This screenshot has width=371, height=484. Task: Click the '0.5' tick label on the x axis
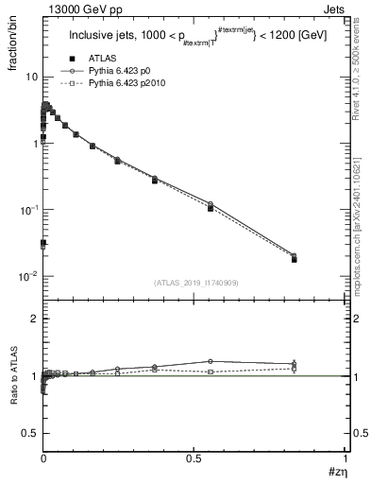[194, 458]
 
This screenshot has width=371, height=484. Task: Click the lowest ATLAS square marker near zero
[43, 243]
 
